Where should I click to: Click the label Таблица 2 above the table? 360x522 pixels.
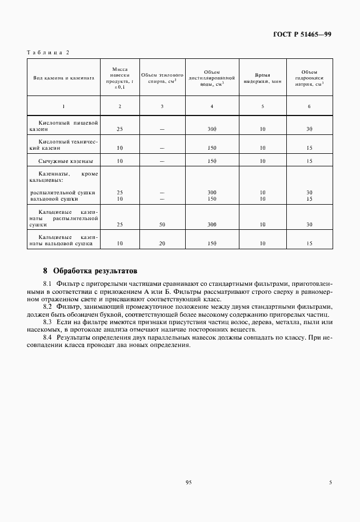point(47,53)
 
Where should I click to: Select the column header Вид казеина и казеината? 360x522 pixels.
point(63,78)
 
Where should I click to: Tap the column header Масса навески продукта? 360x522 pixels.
point(119,78)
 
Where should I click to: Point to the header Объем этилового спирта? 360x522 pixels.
point(162,78)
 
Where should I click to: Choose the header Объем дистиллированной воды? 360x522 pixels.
point(212,78)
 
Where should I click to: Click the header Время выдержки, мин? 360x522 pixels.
point(262,78)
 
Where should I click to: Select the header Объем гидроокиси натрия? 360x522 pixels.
point(309,78)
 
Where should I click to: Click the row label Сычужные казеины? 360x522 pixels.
point(65,162)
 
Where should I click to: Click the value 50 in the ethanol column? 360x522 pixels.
point(162,225)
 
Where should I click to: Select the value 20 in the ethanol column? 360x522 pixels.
point(162,244)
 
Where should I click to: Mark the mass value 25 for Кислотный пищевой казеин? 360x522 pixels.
point(119,130)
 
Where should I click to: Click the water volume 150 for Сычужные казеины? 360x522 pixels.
point(212,162)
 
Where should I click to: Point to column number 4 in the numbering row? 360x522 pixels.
point(212,106)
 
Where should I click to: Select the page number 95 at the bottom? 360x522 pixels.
point(188,483)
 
